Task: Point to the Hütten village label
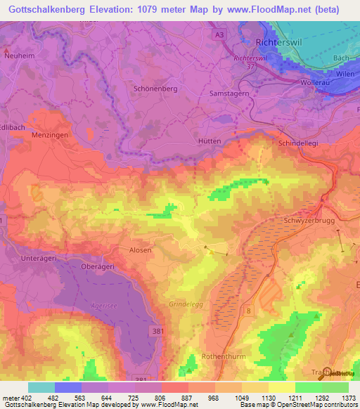pyautogui.click(x=209, y=141)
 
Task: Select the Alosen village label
pyautogui.click(x=139, y=249)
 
